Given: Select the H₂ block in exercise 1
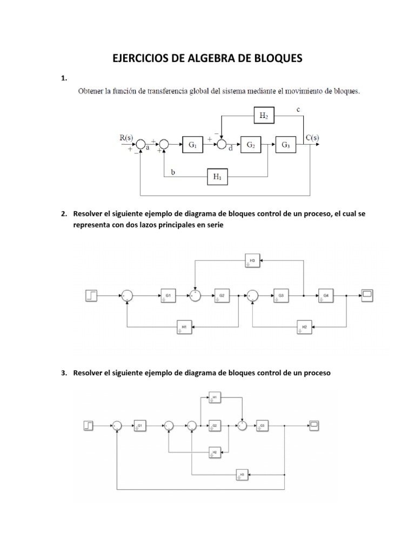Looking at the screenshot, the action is [264, 115].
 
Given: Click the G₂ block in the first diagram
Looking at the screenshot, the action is [251, 145].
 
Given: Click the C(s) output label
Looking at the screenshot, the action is [312, 137].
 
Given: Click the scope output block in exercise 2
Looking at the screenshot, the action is [367, 295].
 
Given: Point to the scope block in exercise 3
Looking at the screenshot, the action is [314, 426].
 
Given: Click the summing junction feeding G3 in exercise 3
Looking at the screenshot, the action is [243, 426].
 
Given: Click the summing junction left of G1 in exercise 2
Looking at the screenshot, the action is [126, 295].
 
